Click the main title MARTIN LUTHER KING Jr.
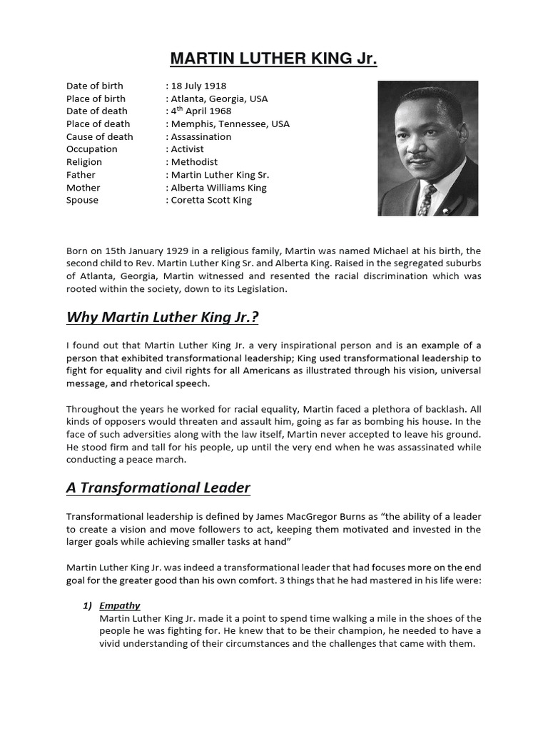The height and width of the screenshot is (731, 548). click(274, 59)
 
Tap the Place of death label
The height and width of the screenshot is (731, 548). click(98, 123)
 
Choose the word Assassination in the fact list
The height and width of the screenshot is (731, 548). click(201, 136)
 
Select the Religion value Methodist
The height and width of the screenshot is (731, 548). click(193, 162)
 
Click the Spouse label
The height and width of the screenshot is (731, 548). click(82, 201)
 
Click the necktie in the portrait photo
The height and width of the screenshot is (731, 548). click(425, 200)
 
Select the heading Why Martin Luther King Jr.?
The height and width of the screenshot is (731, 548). click(167, 316)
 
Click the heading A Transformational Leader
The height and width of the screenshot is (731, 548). click(158, 488)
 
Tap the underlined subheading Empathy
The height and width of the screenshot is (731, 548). click(120, 605)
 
